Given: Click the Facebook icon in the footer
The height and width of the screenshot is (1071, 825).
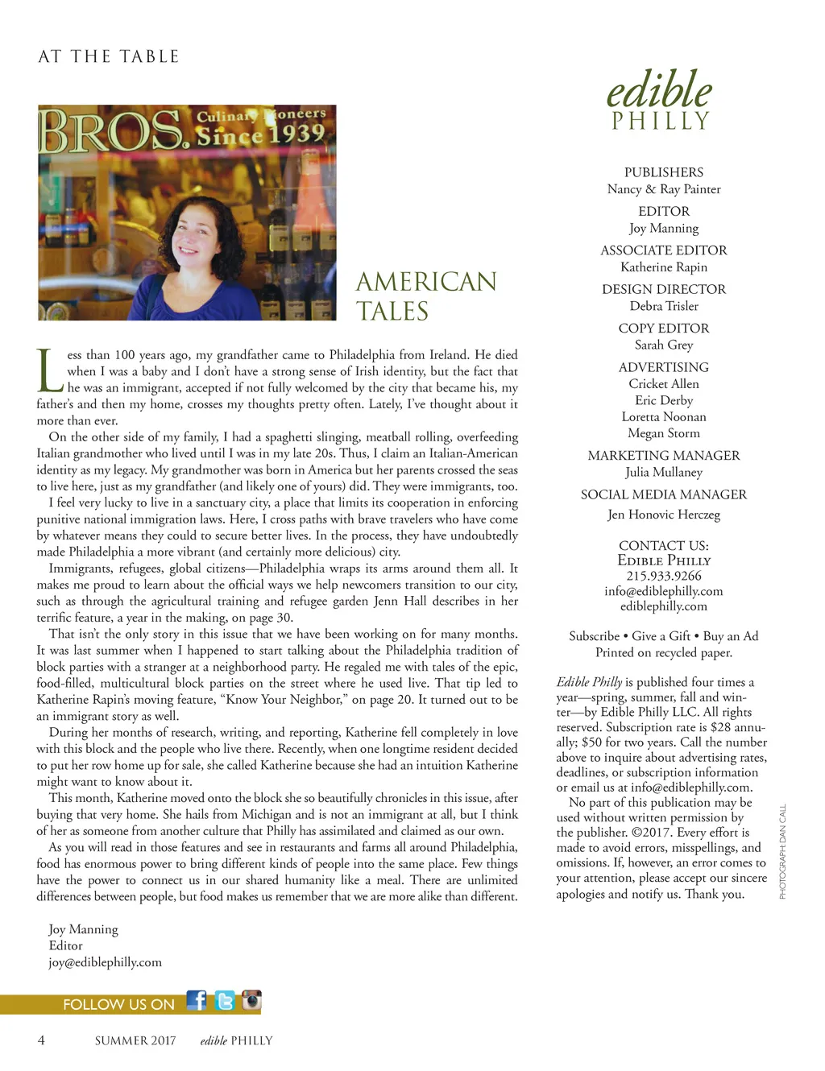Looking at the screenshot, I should (x=197, y=1000).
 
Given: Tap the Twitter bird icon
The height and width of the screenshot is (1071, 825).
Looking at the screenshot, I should (x=225, y=1000).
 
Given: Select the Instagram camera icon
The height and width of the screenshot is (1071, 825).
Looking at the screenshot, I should (x=251, y=1000).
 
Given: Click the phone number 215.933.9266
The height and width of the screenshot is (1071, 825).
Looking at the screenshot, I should (x=664, y=576).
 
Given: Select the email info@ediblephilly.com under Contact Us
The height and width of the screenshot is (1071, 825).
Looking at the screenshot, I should (x=664, y=591).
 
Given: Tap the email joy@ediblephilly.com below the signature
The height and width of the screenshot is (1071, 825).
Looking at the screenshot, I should (x=105, y=962).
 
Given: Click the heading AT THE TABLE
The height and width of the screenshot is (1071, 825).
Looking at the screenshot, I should (x=109, y=56).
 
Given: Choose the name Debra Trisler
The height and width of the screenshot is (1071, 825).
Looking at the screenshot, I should (x=664, y=306).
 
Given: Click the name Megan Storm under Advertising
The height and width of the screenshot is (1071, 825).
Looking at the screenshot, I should (x=664, y=433).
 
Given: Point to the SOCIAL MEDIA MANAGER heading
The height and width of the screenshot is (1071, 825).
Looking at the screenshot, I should (x=664, y=494).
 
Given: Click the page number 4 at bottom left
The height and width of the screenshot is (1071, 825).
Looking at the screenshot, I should (x=41, y=1040).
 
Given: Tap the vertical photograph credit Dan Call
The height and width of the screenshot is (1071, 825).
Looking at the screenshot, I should (x=781, y=851).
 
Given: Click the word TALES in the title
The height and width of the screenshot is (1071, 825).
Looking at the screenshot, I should (x=392, y=312).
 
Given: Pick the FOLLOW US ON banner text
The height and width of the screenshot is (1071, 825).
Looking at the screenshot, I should (x=118, y=1004).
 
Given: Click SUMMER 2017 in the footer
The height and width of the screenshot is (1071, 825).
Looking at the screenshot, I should (x=135, y=1040).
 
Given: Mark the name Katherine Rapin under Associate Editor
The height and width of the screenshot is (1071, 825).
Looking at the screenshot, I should (x=664, y=267).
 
